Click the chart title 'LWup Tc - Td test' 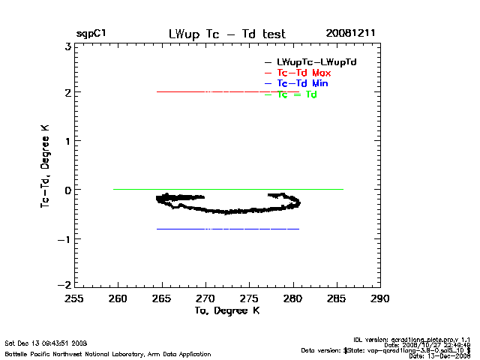pos(226,34)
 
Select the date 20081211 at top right pos(350,34)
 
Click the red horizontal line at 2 pos(225,91)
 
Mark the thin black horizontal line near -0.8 pos(225,229)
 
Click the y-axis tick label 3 pos(67,46)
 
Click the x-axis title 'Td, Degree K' pos(226,310)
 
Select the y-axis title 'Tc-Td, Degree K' pos(46,166)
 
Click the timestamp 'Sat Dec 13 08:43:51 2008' pos(46,343)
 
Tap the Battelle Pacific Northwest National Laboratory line pos(108,354)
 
